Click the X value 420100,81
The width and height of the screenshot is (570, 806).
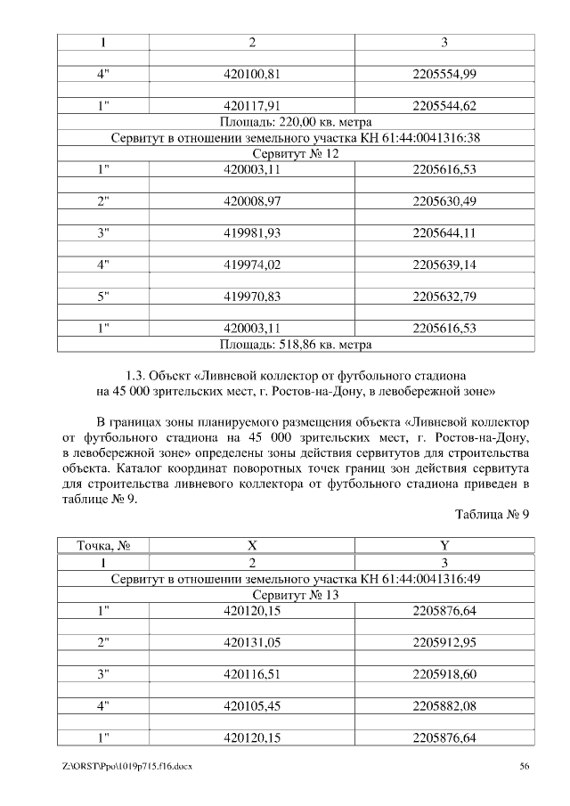pyautogui.click(x=252, y=74)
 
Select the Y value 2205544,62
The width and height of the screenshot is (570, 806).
pyautogui.click(x=444, y=107)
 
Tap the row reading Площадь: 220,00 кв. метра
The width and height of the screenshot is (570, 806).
pyautogui.click(x=295, y=122)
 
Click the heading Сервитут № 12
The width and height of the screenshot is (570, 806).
pyautogui.click(x=295, y=153)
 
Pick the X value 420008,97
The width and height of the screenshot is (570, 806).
pyautogui.click(x=252, y=201)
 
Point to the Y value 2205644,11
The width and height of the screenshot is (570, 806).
pyautogui.click(x=444, y=233)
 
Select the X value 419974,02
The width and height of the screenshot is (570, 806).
pyautogui.click(x=252, y=265)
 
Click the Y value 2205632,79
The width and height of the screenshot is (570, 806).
pyautogui.click(x=444, y=297)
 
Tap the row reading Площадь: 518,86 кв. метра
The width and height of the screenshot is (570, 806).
pyautogui.click(x=295, y=343)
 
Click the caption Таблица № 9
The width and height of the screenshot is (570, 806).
pyautogui.click(x=493, y=514)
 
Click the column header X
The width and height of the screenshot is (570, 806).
pyautogui.click(x=252, y=545)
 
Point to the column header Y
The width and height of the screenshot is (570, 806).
pyautogui.click(x=444, y=545)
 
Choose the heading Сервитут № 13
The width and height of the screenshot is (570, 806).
pyautogui.click(x=295, y=594)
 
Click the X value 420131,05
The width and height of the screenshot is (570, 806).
pyautogui.click(x=252, y=642)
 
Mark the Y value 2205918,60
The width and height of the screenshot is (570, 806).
pyautogui.click(x=444, y=674)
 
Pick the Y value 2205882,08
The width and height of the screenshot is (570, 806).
pyautogui.click(x=444, y=706)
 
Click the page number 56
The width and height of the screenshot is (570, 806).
pyautogui.click(x=525, y=766)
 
